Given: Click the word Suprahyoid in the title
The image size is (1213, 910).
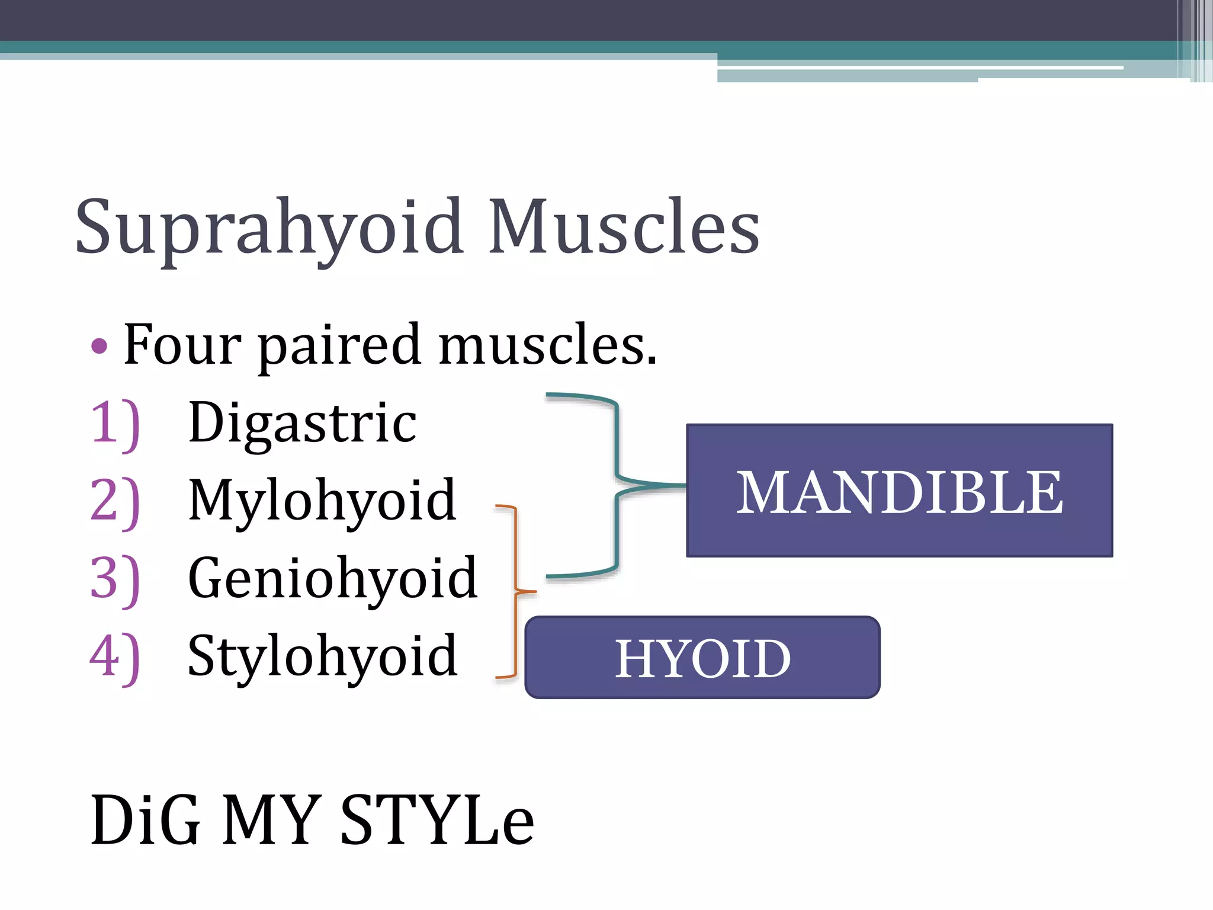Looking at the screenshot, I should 269,228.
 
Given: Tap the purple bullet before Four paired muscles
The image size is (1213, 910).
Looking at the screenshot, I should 100,346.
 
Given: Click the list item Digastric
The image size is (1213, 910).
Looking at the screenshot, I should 302,423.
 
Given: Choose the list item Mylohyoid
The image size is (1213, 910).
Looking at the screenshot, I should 322,501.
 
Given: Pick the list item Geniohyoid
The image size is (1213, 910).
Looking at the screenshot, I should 332,579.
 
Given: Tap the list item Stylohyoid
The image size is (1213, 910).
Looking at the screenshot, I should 322,656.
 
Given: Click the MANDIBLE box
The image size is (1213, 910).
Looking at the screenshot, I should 899,491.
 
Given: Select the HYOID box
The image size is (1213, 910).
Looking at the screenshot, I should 702,658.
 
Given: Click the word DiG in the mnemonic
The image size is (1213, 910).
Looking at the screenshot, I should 146,821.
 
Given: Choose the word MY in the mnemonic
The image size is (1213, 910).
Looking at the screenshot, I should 270,821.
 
